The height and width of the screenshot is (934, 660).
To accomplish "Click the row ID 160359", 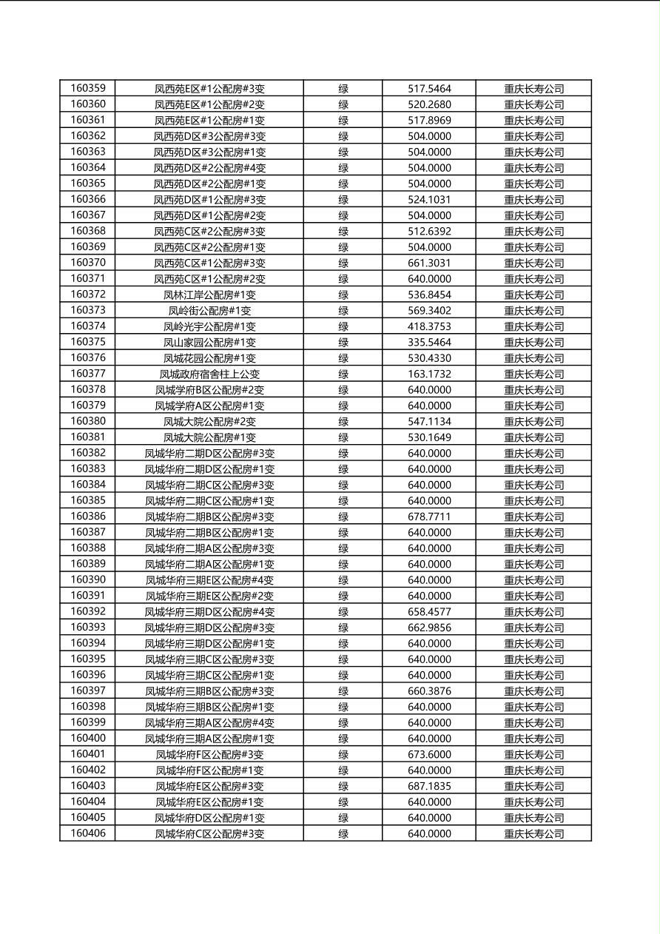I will click(87, 88).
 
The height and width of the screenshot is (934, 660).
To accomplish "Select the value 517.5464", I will click(429, 89).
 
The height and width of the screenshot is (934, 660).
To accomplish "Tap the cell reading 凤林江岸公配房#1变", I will click(209, 295).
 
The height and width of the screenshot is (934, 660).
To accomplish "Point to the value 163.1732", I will click(429, 374).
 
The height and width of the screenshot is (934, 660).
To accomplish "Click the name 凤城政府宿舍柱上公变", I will click(209, 374).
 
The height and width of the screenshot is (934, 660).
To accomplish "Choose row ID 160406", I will click(87, 833).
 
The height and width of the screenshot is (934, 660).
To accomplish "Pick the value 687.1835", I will click(429, 786).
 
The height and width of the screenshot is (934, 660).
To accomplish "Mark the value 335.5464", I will click(429, 342).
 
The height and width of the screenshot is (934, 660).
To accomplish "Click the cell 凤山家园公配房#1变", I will click(209, 342).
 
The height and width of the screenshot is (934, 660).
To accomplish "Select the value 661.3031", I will click(429, 263).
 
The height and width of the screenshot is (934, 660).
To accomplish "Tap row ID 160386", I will click(87, 517).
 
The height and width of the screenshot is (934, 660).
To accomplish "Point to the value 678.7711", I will click(429, 517).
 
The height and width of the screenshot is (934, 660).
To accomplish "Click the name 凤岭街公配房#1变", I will click(209, 311).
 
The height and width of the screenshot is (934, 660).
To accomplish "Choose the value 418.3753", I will click(429, 326).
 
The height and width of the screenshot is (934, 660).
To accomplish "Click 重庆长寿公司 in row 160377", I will click(533, 374).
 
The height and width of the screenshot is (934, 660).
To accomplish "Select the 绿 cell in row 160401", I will click(343, 754).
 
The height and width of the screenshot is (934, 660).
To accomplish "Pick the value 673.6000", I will click(429, 754).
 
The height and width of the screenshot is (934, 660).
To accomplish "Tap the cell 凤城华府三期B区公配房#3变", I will click(209, 691).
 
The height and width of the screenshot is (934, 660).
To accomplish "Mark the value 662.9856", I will click(429, 628).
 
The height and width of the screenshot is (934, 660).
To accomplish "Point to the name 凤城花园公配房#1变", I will click(209, 358).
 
